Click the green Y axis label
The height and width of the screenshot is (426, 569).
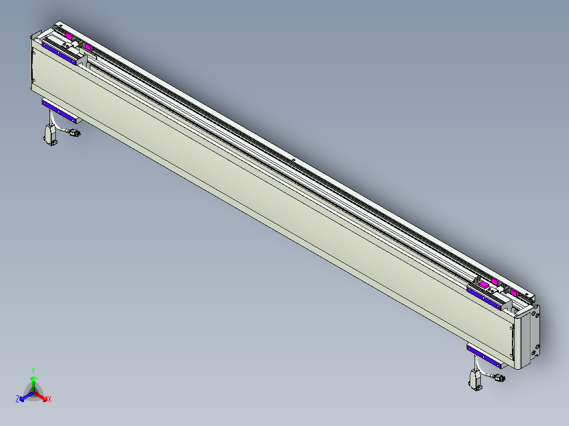click(x=33, y=370)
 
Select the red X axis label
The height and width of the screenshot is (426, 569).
click(x=50, y=400)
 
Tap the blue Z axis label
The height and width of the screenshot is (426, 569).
click(x=17, y=400)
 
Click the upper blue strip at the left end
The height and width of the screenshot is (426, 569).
click(x=60, y=53)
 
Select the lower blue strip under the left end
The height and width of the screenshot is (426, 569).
click(x=60, y=112)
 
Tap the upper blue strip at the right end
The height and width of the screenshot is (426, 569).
click(x=485, y=295)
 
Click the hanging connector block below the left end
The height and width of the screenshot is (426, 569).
click(x=50, y=134)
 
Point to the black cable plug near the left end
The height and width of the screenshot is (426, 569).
click(x=74, y=133)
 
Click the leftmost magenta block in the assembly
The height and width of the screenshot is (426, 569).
click(x=69, y=36)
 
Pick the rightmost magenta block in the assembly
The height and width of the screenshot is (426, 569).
click(x=514, y=292)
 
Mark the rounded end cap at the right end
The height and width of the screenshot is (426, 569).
click(x=529, y=337)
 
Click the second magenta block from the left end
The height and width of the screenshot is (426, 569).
click(x=88, y=49)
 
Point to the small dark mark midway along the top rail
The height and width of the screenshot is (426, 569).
click(x=292, y=159)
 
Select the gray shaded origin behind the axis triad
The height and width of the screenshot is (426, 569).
click(x=33, y=392)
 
